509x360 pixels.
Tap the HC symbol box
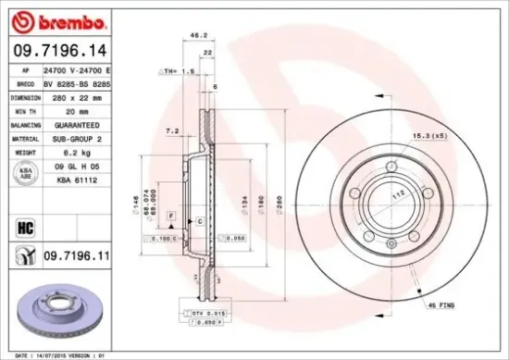pyautogui.click(x=25, y=223)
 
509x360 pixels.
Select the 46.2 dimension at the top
pyautogui.click(x=197, y=36)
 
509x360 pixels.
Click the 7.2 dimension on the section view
pyautogui.click(x=170, y=132)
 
